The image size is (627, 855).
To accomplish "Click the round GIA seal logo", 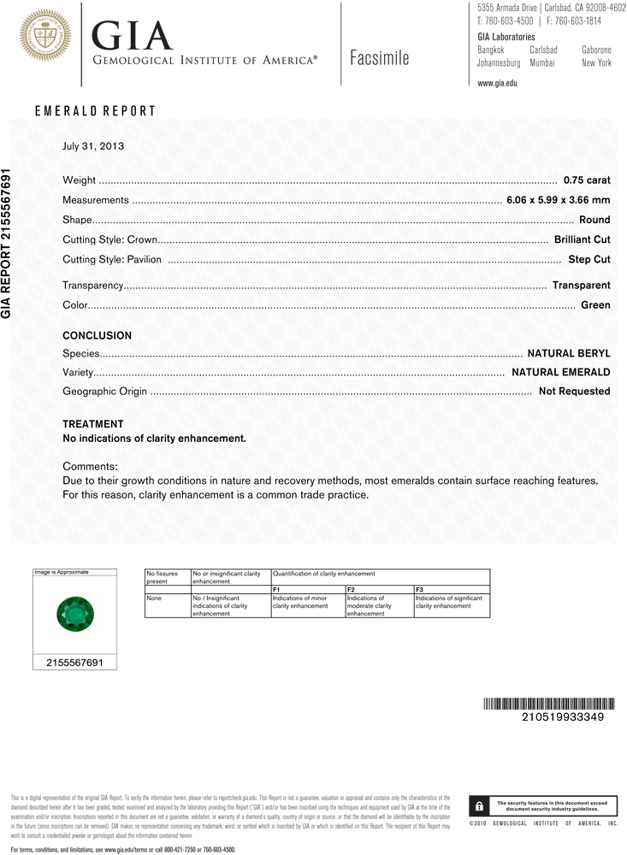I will tap(41, 35).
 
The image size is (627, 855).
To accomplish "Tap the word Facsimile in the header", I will tap(380, 58).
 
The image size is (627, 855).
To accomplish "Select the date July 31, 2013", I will tap(93, 145).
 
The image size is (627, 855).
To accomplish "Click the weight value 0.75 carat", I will tap(587, 180).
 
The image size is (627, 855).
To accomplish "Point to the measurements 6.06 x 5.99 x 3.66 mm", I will tap(559, 200).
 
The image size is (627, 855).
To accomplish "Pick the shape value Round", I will tap(594, 220).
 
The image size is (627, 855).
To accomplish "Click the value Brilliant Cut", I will tap(582, 239).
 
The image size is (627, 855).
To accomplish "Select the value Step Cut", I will tap(589, 259).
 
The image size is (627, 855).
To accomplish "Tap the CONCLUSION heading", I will tap(97, 335).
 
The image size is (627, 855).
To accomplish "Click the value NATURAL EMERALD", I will tap(561, 372).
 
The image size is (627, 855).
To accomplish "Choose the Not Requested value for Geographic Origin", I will tap(574, 391).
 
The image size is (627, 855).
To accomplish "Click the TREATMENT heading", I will tap(92, 424).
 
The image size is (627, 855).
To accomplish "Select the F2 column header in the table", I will tap(351, 589).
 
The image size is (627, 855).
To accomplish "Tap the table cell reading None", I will tap(155, 598).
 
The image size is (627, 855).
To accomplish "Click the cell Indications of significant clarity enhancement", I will tap(450, 602).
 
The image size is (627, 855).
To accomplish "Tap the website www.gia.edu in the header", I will tap(497, 83).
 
